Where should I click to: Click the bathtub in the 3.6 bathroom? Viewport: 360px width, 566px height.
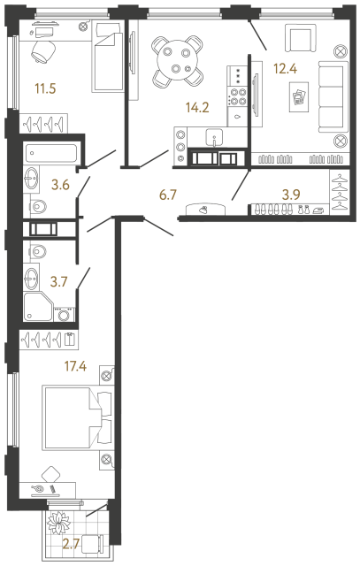click(52, 151)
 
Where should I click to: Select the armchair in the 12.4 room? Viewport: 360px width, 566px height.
click(299, 40)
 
